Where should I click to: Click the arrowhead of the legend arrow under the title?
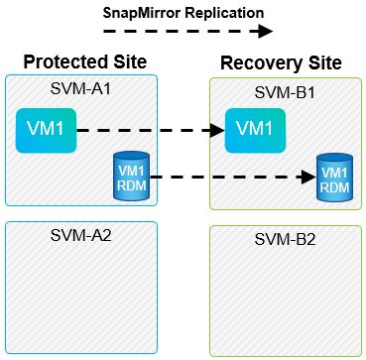click(265, 31)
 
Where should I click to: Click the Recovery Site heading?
click(281, 63)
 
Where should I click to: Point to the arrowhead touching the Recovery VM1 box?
click(216, 130)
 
